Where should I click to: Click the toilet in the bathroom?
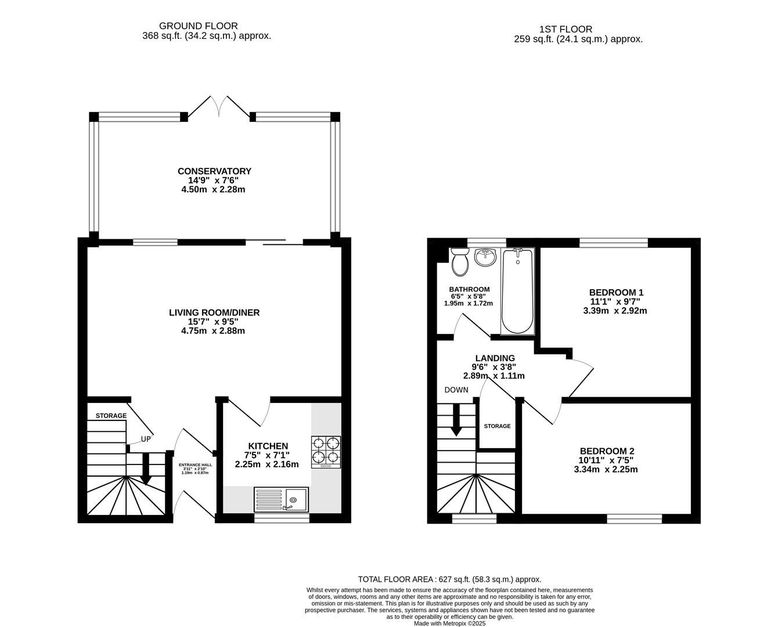click(460, 262)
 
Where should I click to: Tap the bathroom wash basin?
click(485, 257)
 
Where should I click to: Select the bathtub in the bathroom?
click(517, 291)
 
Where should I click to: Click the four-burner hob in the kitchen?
click(326, 452)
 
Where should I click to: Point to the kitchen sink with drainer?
click(281, 499)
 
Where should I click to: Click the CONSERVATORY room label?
click(214, 171)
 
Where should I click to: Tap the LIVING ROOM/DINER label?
click(214, 312)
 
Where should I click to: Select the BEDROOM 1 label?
click(617, 292)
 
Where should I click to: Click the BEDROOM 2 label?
click(607, 451)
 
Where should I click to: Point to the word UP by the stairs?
click(146, 439)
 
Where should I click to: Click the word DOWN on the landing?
click(456, 390)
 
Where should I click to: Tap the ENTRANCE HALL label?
click(196, 465)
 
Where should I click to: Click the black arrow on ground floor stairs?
click(146, 469)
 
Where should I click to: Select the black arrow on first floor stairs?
click(456, 420)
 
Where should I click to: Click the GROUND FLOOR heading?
click(199, 26)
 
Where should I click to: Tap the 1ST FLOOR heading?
click(566, 29)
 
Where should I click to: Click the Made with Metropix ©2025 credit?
click(450, 624)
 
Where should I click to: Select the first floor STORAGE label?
click(498, 426)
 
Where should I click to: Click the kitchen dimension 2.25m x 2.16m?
click(267, 464)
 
